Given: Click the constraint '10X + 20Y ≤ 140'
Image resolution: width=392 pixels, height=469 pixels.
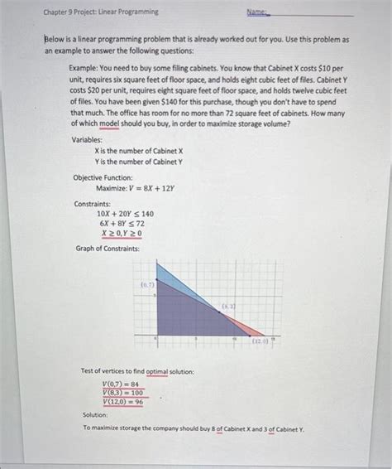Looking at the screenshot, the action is tap(125, 213).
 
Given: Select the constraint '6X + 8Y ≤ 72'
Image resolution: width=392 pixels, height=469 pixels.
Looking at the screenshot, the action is tap(122, 223).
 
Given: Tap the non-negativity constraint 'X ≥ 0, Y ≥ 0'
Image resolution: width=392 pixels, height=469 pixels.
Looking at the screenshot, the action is tap(121, 234).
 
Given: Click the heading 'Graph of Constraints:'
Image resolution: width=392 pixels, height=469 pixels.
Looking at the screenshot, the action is tap(108, 248).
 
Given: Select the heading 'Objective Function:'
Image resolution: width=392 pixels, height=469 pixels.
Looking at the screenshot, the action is tap(103, 177).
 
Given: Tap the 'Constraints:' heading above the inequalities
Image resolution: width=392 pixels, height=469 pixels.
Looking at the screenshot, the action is tap(93, 203).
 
